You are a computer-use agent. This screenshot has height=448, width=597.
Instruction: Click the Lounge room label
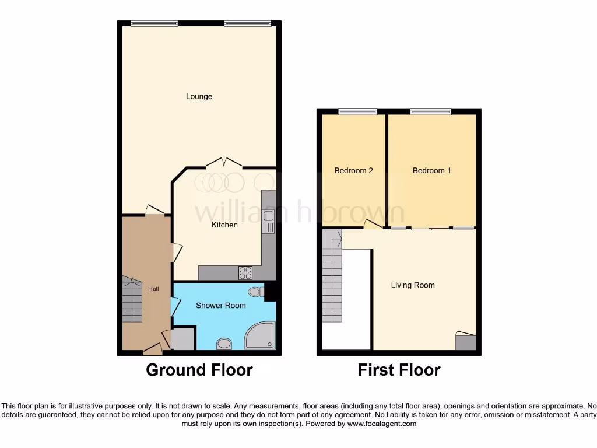(x=199, y=96)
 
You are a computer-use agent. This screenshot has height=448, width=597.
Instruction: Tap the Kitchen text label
(x=224, y=225)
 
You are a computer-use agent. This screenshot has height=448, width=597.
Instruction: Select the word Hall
(x=153, y=289)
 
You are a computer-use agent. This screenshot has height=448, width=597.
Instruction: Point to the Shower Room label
(x=220, y=305)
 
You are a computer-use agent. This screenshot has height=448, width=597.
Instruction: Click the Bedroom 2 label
(x=353, y=170)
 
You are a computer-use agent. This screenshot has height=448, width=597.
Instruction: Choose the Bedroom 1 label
(x=431, y=170)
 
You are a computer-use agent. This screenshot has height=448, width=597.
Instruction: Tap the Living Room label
(x=413, y=285)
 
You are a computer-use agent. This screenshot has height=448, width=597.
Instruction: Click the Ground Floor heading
(x=199, y=370)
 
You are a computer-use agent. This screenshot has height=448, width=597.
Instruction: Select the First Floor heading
(x=399, y=370)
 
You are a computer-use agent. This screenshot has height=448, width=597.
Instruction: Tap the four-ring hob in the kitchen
(x=245, y=273)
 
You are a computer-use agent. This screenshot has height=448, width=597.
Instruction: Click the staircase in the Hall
(x=132, y=300)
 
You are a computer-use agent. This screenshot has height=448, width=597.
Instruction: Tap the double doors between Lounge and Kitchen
(x=224, y=163)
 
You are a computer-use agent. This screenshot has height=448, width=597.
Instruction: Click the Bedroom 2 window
(x=357, y=112)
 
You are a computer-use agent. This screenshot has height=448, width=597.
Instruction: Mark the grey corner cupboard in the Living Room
(x=465, y=342)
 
